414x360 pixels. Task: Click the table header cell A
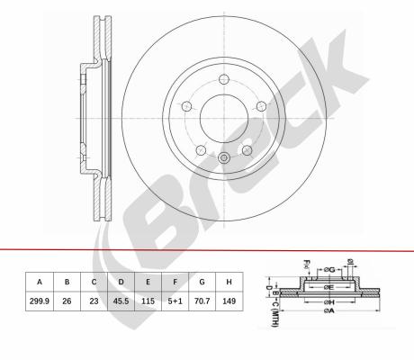40,282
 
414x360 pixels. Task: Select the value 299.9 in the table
40,301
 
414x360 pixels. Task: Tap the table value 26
67,301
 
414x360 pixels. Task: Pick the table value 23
94,301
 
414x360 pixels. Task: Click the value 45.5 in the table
121,301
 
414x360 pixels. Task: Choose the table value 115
148,301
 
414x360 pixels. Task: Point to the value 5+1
175,301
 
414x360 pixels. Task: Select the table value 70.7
202,301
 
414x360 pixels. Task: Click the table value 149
229,301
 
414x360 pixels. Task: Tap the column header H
229,282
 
